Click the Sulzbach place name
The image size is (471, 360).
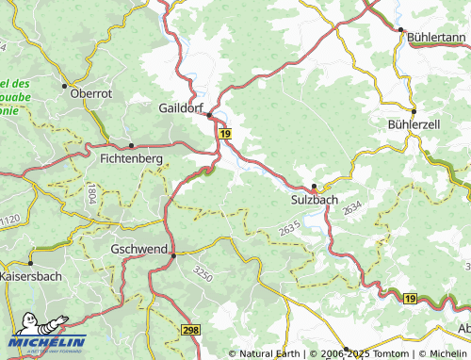[x=314, y=199]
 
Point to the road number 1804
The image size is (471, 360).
[x=91, y=195]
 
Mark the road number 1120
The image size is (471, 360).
[x=8, y=220]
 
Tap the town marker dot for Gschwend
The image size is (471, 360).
[x=172, y=254]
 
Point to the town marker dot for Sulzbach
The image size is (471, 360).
[x=314, y=186]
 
